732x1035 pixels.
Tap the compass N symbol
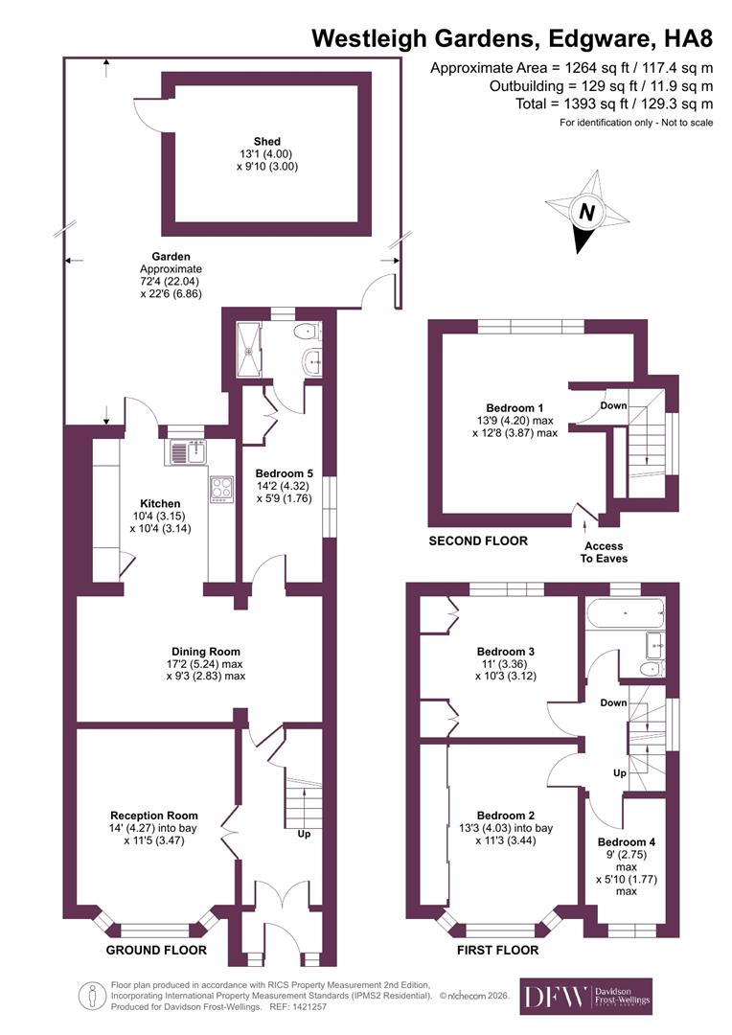585,214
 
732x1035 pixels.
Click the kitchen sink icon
186,451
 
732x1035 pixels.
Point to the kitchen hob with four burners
221,488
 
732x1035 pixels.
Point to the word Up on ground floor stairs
306,834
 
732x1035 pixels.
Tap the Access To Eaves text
600,552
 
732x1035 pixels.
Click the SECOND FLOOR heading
477,541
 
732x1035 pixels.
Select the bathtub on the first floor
624,612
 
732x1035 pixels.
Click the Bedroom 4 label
626,842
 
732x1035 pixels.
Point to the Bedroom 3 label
505,652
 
